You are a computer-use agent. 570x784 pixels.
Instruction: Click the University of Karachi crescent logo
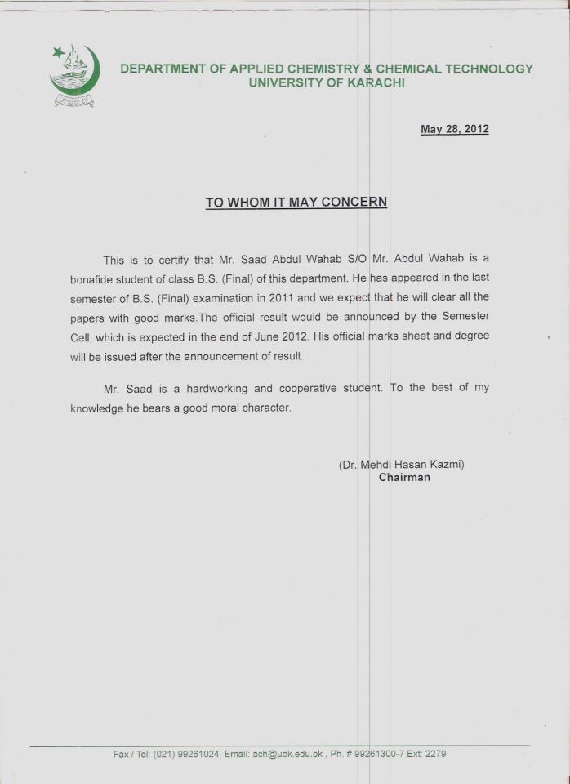[x=74, y=75]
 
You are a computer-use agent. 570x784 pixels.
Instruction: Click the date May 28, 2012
[x=454, y=129]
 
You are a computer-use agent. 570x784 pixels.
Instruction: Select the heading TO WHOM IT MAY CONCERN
[x=296, y=203]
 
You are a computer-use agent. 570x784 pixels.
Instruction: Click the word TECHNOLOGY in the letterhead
[x=488, y=69]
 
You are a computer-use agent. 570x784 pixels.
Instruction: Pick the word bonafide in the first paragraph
[x=96, y=278]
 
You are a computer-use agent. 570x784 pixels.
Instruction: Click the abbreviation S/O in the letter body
[x=358, y=260]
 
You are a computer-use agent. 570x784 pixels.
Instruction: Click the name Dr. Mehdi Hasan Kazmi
[x=402, y=464]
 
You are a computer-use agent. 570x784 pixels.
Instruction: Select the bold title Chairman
[x=404, y=478]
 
